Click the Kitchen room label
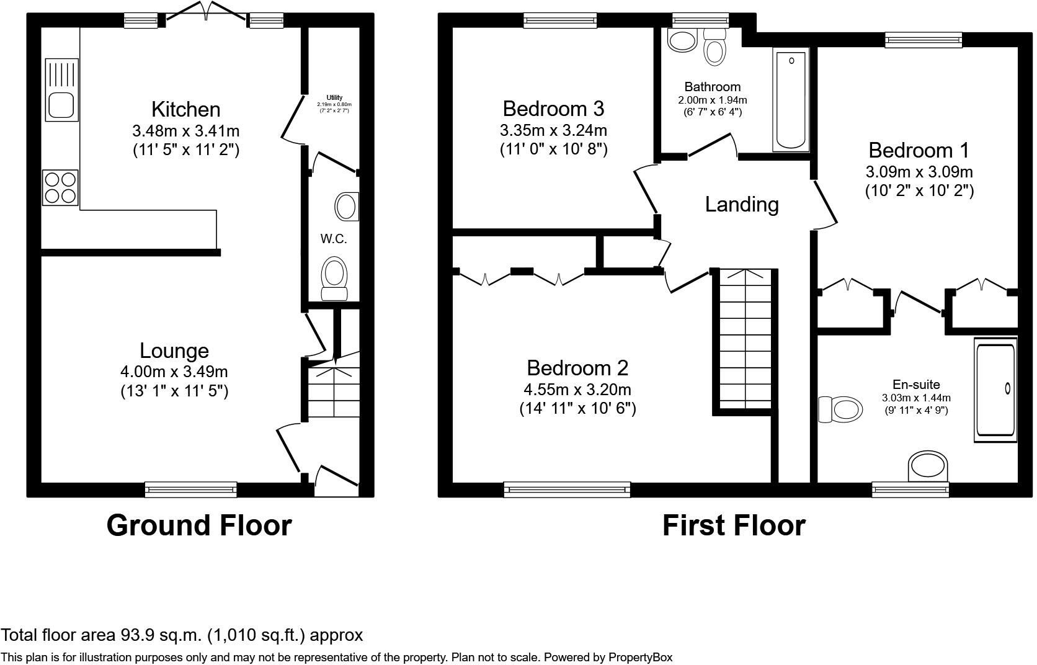pyautogui.click(x=185, y=109)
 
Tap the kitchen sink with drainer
pyautogui.click(x=62, y=90)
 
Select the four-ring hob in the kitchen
pyautogui.click(x=61, y=187)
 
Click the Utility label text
pyautogui.click(x=334, y=98)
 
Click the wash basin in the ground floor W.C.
pyautogui.click(x=347, y=207)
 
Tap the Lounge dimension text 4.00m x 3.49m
pyautogui.click(x=174, y=372)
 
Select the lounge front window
pyautogui.click(x=190, y=489)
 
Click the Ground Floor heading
pyautogui.click(x=198, y=525)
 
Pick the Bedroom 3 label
pyautogui.click(x=553, y=109)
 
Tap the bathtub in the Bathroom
pyautogui.click(x=791, y=100)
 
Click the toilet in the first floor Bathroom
pyautogui.click(x=714, y=48)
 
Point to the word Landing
pyautogui.click(x=742, y=204)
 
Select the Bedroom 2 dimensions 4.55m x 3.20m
pyautogui.click(x=577, y=390)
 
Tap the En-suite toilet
pyautogui.click(x=841, y=409)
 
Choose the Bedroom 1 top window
pyautogui.click(x=924, y=40)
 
